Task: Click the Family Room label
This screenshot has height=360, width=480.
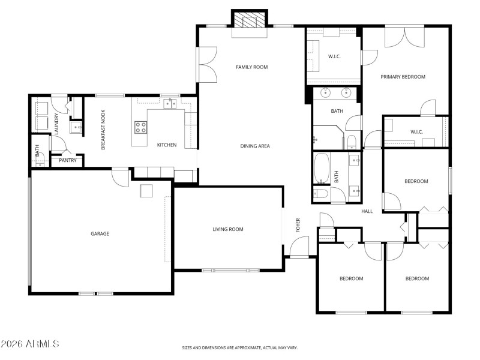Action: (251, 67)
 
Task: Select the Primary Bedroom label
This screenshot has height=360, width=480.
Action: (403, 77)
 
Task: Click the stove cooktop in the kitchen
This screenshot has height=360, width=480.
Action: (140, 127)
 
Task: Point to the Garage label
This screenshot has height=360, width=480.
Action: (100, 234)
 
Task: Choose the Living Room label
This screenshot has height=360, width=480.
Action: (228, 229)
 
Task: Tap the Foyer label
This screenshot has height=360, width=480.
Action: (298, 226)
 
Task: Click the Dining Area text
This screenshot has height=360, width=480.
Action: (255, 146)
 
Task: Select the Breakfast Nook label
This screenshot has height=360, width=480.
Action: (103, 130)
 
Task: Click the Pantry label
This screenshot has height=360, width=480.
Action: (67, 160)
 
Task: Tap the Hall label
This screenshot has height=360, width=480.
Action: (367, 211)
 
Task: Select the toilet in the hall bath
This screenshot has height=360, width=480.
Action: (320, 193)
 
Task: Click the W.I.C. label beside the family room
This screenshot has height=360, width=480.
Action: (334, 57)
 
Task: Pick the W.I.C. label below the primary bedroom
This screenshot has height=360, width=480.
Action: (417, 132)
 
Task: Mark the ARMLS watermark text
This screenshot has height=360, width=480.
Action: (30, 344)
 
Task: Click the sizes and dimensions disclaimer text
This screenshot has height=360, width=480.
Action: (240, 347)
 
